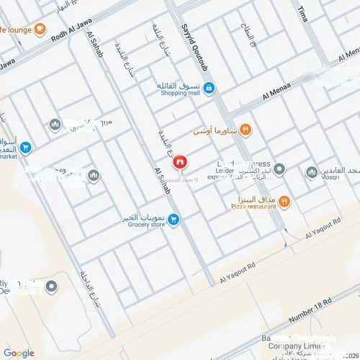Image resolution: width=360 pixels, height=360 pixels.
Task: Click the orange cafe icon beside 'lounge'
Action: (40, 30)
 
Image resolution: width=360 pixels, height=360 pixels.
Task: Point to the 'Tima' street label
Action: (304, 13)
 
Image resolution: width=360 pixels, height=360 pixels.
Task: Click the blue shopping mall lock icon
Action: (209, 89)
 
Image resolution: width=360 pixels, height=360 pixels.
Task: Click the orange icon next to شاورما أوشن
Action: (245, 130)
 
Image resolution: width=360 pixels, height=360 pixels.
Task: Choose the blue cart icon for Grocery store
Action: (174, 219)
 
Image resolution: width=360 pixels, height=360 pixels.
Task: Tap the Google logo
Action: (19, 352)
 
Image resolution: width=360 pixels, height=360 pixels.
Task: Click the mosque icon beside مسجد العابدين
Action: (312, 172)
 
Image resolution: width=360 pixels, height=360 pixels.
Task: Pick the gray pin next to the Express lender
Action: (279, 170)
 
